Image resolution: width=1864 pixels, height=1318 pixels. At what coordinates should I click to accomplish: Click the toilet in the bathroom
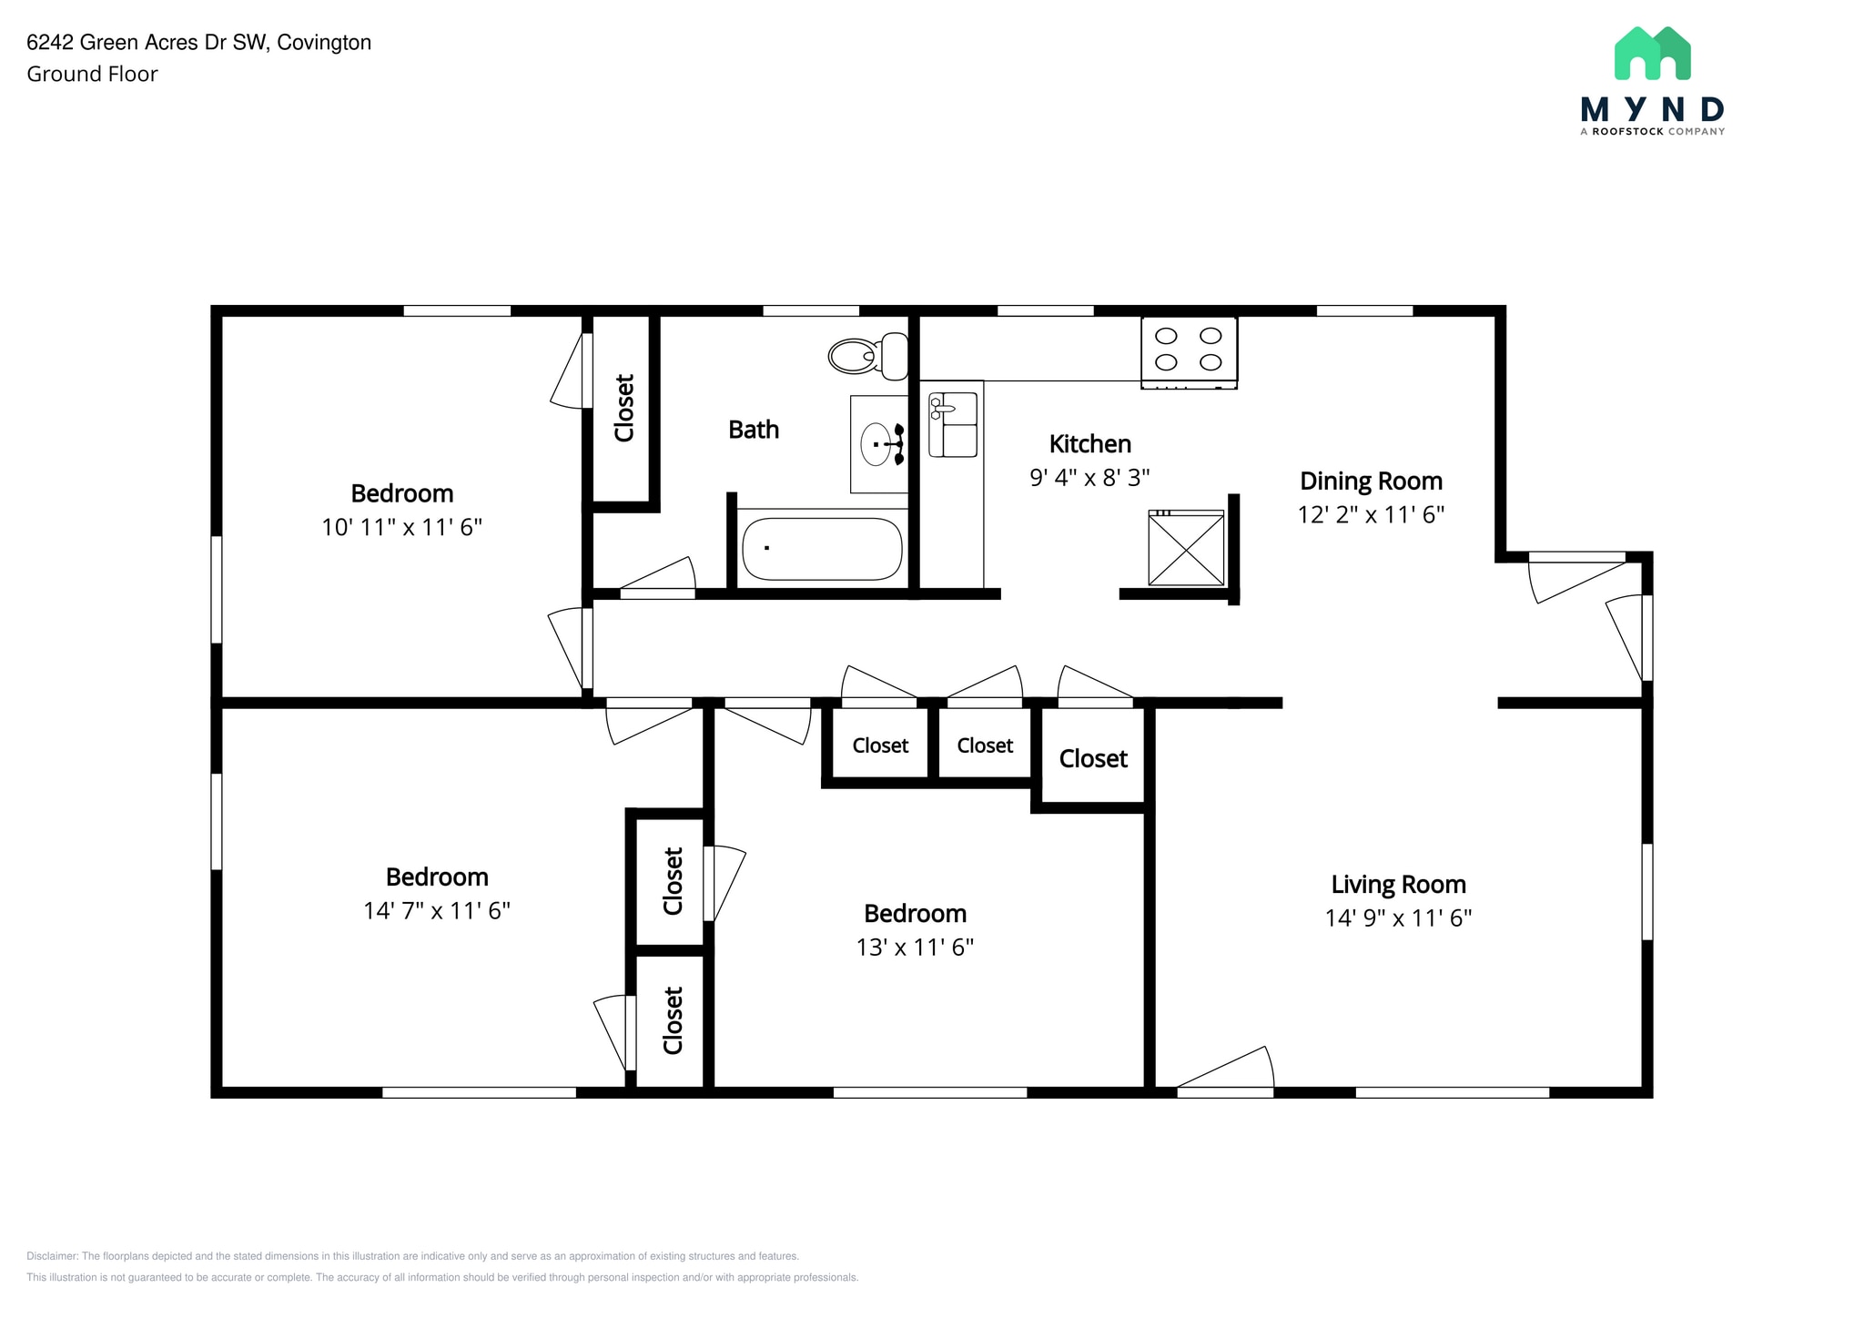click(x=866, y=356)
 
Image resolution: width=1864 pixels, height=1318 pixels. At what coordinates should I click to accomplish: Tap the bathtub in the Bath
click(x=821, y=549)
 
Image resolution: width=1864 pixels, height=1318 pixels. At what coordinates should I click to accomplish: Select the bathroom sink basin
click(x=876, y=444)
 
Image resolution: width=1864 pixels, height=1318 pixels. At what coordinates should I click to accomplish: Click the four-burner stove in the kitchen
click(x=1189, y=350)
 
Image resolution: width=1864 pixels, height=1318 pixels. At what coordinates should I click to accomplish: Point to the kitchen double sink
click(x=952, y=425)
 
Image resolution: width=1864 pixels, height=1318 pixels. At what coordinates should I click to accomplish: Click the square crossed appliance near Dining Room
click(x=1186, y=549)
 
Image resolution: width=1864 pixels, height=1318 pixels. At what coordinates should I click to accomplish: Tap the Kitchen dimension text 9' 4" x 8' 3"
click(x=1089, y=478)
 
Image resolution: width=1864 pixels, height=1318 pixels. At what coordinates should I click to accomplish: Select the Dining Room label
click(x=1371, y=482)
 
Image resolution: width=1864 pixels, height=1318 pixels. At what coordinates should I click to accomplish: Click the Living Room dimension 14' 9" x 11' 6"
click(x=1398, y=918)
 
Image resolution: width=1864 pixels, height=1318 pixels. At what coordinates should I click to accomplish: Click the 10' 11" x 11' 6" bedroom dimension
click(x=401, y=528)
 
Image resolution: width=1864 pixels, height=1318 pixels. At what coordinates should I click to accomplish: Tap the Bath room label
click(x=754, y=430)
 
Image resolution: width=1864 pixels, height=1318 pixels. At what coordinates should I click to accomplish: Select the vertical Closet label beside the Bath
click(x=624, y=408)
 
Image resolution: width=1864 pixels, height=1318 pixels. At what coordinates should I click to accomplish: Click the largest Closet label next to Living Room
click(x=1093, y=759)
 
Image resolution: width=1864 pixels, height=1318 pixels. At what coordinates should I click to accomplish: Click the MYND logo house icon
click(x=1652, y=54)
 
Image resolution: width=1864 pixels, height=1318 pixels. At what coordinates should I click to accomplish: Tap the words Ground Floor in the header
click(x=92, y=75)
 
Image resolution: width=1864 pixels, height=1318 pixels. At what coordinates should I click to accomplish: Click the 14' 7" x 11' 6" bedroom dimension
click(x=437, y=911)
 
